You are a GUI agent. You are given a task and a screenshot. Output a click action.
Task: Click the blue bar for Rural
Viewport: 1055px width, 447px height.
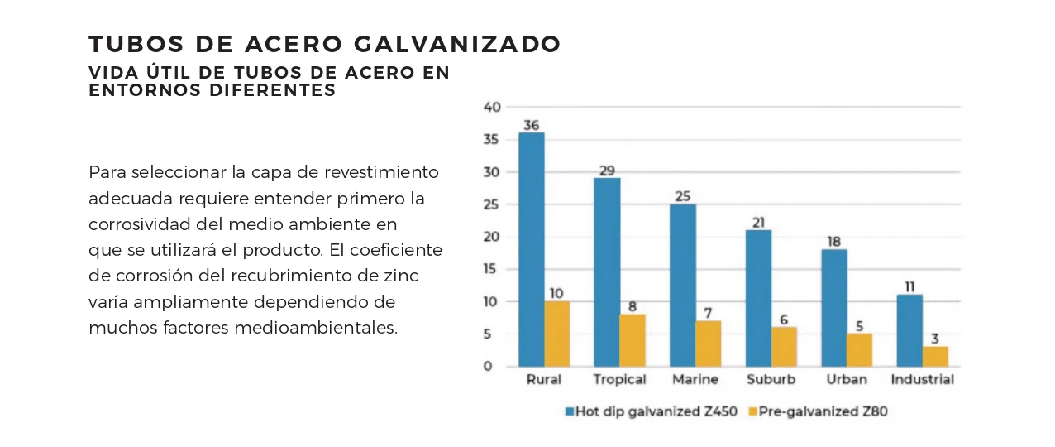tap(531, 248)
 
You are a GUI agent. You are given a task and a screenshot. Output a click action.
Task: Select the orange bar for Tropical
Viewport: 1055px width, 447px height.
tap(633, 340)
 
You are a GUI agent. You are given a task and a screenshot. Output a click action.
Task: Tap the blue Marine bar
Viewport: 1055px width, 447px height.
tap(682, 285)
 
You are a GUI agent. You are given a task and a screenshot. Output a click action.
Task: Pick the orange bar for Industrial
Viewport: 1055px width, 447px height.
tap(935, 357)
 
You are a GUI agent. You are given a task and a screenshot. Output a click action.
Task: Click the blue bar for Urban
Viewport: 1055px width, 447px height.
tap(833, 308)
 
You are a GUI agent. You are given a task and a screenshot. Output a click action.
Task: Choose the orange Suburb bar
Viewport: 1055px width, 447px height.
tap(784, 347)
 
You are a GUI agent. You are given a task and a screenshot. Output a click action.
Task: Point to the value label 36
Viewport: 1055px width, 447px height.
tap(531, 126)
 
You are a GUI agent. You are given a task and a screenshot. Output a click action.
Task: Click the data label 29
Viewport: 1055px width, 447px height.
tap(607, 171)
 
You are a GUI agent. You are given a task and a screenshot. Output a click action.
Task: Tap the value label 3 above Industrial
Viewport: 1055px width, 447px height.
tap(935, 339)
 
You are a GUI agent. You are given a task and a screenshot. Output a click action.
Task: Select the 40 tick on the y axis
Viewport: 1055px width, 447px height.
tap(492, 108)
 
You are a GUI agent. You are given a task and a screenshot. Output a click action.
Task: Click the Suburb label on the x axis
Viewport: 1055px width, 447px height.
tap(771, 380)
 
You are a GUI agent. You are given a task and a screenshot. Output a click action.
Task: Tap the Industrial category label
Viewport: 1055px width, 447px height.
tap(922, 380)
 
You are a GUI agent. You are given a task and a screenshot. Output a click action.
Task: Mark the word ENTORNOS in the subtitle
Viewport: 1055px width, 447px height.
tap(132, 90)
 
